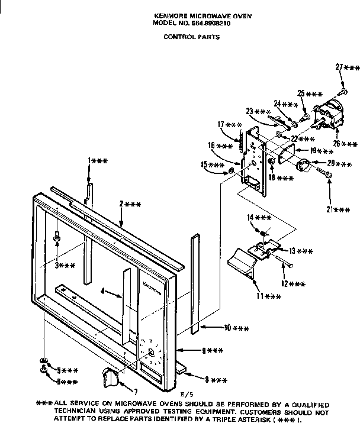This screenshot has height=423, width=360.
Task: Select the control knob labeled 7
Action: pyautogui.click(x=110, y=373)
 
